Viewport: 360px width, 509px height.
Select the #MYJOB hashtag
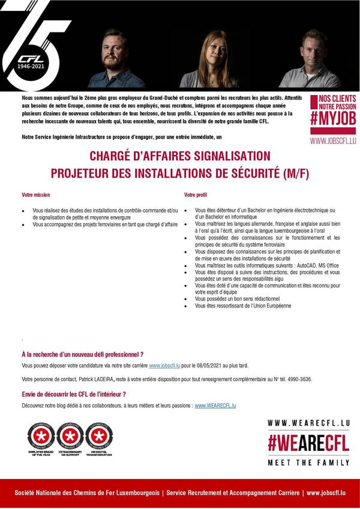click(333, 118)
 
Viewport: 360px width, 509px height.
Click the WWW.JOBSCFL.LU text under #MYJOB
click(333, 141)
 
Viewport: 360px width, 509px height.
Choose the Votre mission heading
click(36, 195)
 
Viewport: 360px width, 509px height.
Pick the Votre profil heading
click(196, 195)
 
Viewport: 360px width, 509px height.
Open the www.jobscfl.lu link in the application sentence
click(164, 365)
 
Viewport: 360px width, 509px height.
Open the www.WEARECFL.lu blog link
click(215, 406)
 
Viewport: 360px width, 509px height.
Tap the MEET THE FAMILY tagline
click(308, 462)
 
